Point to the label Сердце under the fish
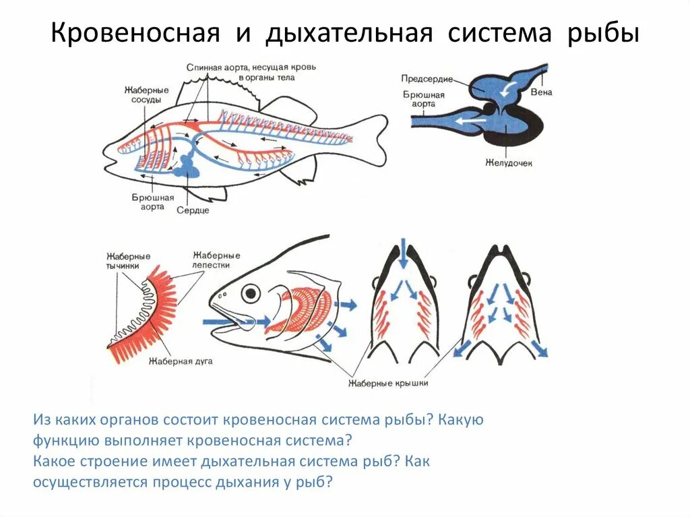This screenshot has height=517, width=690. [x=193, y=210]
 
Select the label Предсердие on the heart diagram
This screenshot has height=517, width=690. [x=427, y=79]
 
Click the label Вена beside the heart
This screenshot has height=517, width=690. [x=540, y=92]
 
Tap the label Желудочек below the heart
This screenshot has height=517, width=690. [x=508, y=163]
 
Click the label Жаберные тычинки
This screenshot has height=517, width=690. [x=128, y=261]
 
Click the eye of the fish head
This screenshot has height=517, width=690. [x=251, y=293]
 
